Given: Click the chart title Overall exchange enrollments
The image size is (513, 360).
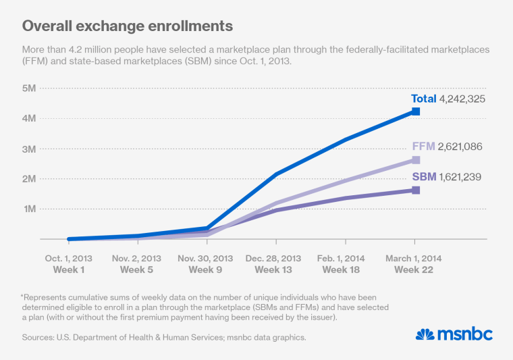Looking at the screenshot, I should (x=128, y=26).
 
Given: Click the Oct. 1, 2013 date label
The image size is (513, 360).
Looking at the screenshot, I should (x=69, y=259).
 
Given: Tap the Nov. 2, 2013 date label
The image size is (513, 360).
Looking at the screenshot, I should (x=137, y=259).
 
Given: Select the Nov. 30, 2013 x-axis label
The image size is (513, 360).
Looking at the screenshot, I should (x=206, y=259).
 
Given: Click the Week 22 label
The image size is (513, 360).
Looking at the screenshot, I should (x=414, y=270).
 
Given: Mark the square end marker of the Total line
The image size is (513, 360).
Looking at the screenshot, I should (x=415, y=111).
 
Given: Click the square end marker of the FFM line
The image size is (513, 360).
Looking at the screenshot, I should (x=415, y=160).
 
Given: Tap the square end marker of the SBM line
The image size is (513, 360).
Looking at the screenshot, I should (x=415, y=190).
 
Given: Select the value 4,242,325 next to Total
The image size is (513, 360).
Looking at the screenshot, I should (x=462, y=99).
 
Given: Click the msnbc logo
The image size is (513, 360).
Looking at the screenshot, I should (x=454, y=334).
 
